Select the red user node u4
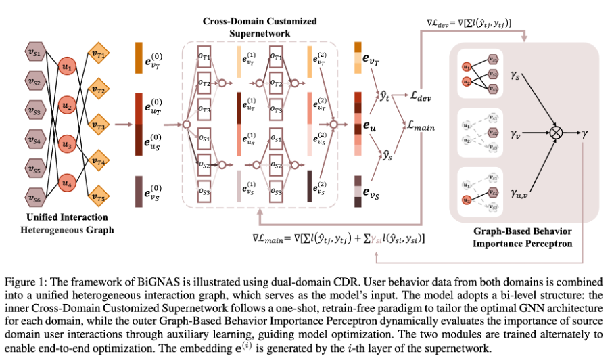click(66, 183)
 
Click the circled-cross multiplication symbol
click(556, 133)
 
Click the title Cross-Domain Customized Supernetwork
click(260, 26)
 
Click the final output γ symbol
click(585, 133)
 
